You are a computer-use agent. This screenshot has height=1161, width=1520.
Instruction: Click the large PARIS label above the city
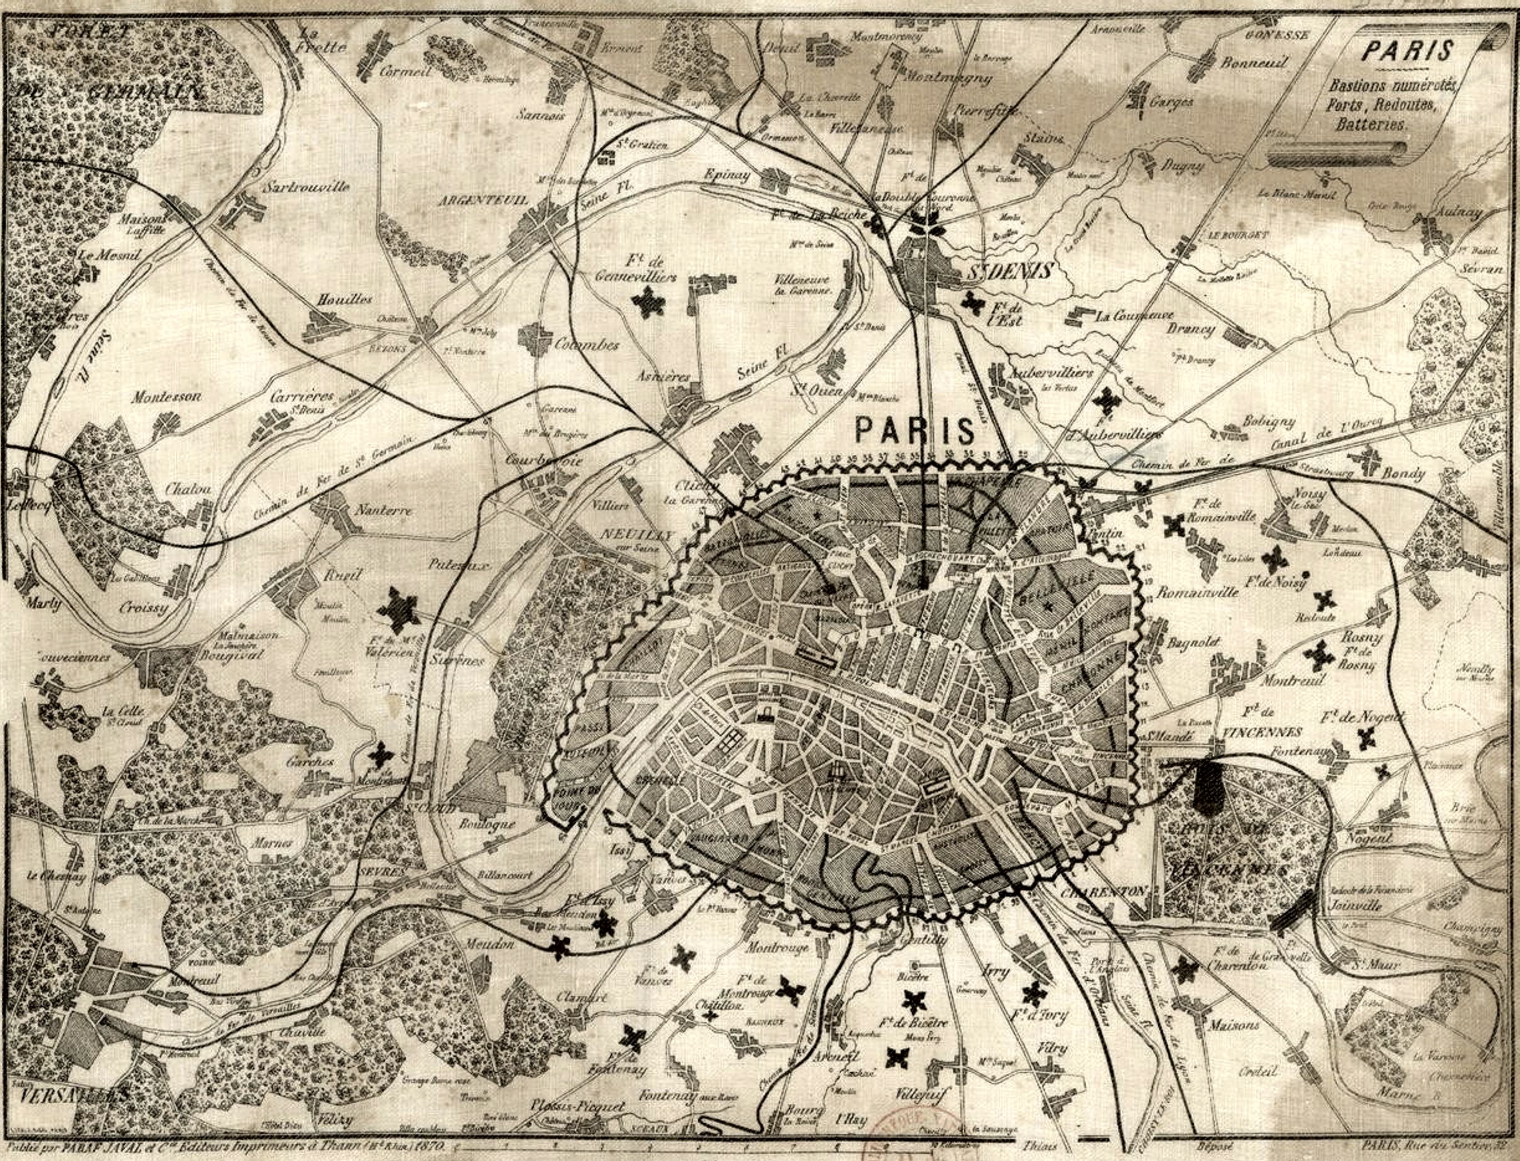pyautogui.click(x=915, y=431)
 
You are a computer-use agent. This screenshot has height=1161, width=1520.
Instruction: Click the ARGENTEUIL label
pyautogui.click(x=483, y=200)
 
